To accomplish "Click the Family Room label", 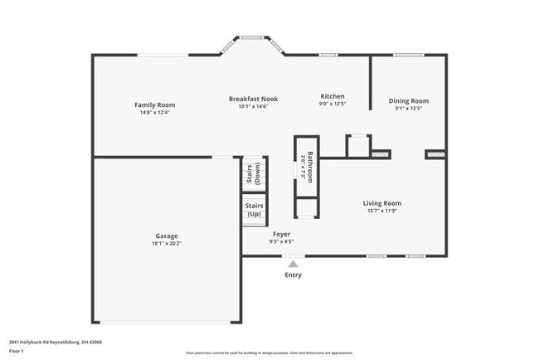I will pyautogui.click(x=155, y=105).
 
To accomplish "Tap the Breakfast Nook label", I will pyautogui.click(x=253, y=99).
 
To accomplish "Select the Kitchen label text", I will pyautogui.click(x=332, y=96).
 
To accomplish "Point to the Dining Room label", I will pyautogui.click(x=409, y=101).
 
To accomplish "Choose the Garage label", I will pyautogui.click(x=166, y=236).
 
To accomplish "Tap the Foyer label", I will pyautogui.click(x=281, y=235).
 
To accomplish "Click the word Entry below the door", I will pyautogui.click(x=294, y=275).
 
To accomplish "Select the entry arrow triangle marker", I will pyautogui.click(x=294, y=264).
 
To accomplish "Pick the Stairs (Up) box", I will pyautogui.click(x=253, y=208).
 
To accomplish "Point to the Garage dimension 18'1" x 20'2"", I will pyautogui.click(x=166, y=244).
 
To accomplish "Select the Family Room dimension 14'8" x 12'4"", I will pyautogui.click(x=155, y=112).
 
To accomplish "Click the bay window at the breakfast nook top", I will pyautogui.click(x=252, y=36).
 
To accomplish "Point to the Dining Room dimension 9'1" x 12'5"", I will pyautogui.click(x=409, y=109).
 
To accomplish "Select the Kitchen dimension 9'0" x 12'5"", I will pyautogui.click(x=332, y=104).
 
